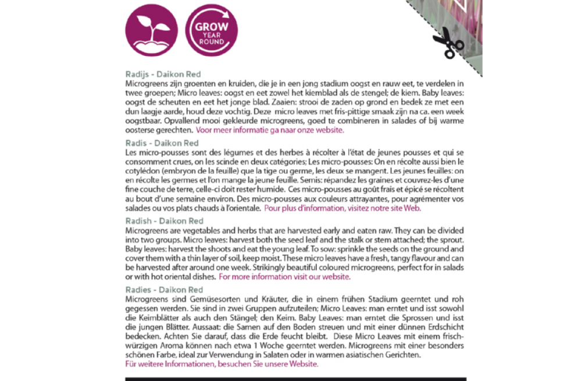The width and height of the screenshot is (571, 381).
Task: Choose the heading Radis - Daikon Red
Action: pyautogui.click(x=162, y=143)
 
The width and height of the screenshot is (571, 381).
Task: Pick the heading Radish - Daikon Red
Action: pyautogui.click(x=165, y=221)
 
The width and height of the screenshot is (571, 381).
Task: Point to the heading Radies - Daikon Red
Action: pyautogui.click(x=165, y=290)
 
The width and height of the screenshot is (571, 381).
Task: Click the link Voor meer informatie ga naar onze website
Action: pyautogui.click(x=269, y=130)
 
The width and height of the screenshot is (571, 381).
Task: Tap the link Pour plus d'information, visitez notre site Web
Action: pyautogui.click(x=342, y=208)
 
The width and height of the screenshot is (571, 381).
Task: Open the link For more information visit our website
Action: pyautogui.click(x=284, y=277)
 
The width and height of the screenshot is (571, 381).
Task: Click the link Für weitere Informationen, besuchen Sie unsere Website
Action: pyautogui.click(x=222, y=364)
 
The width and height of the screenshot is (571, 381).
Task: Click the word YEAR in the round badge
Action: pyautogui.click(x=211, y=34)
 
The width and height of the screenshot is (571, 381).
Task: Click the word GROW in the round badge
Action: pyautogui.click(x=211, y=27)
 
